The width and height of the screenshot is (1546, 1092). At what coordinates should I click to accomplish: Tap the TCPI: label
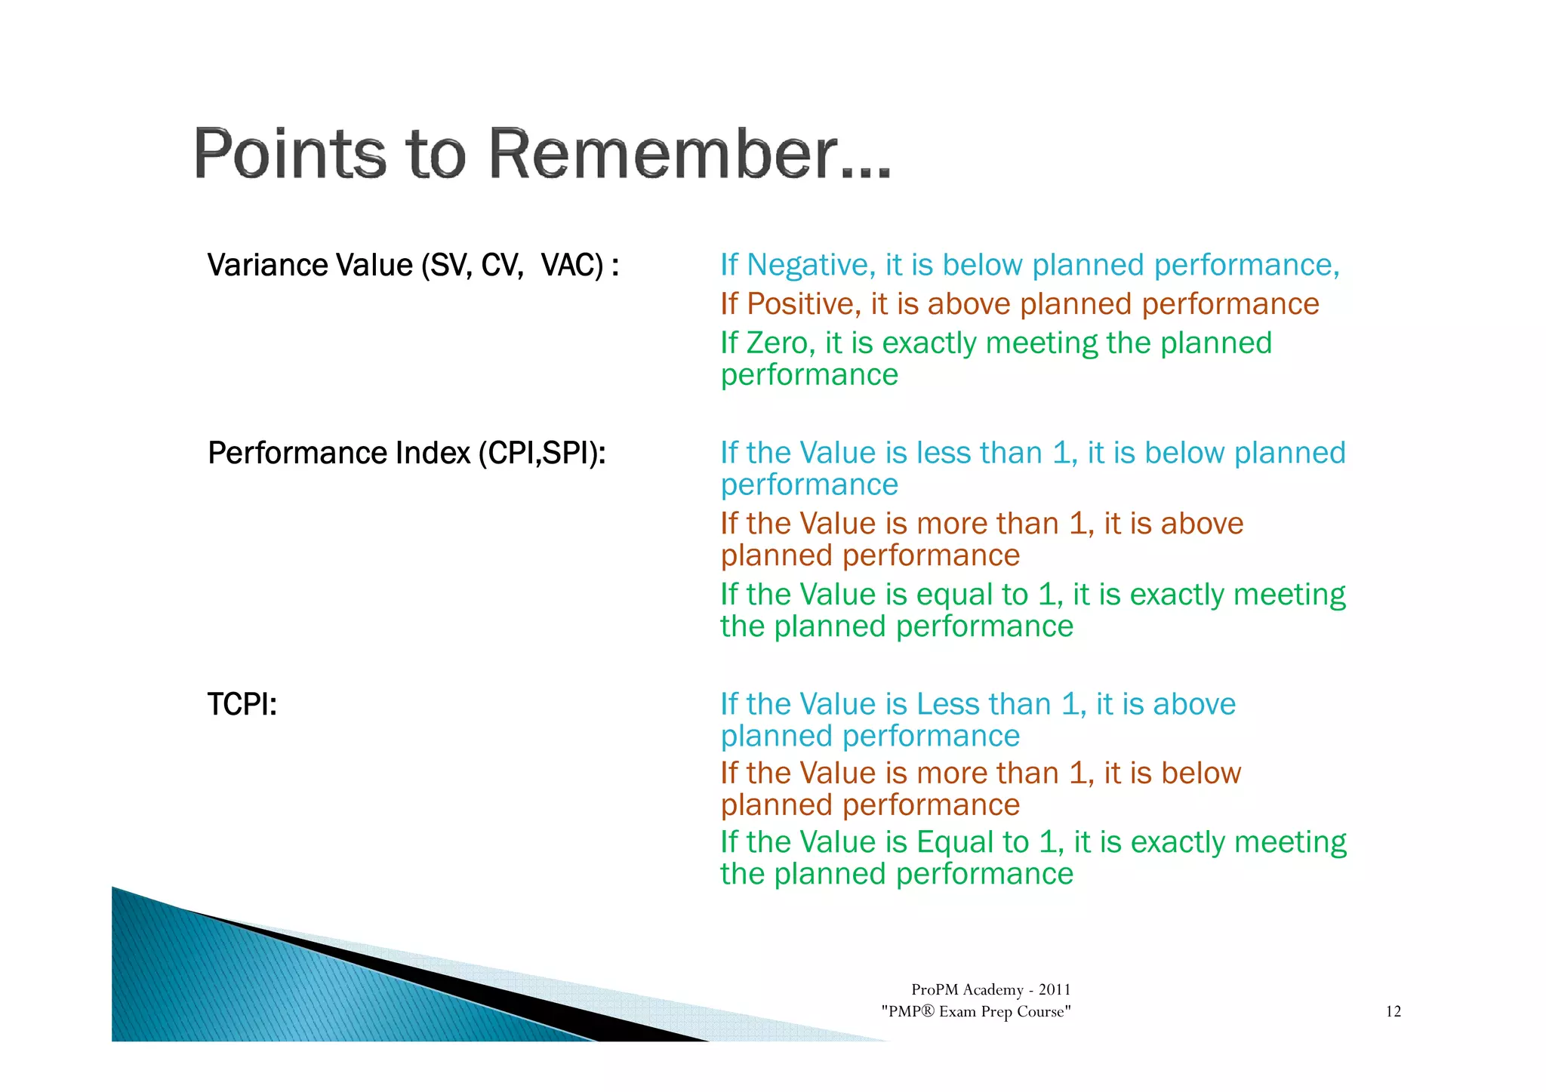click(x=242, y=705)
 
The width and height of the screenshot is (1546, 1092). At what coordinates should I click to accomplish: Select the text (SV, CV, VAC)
click(x=514, y=266)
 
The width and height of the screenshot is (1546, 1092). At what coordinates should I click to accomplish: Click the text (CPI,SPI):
click(x=542, y=454)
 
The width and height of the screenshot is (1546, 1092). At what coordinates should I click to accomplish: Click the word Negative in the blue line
click(x=811, y=266)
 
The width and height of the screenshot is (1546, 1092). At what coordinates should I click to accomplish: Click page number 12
click(x=1393, y=1012)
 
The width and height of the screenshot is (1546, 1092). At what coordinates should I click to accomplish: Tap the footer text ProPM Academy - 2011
click(x=990, y=990)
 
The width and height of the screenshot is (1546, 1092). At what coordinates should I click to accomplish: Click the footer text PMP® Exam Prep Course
click(x=976, y=1012)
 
